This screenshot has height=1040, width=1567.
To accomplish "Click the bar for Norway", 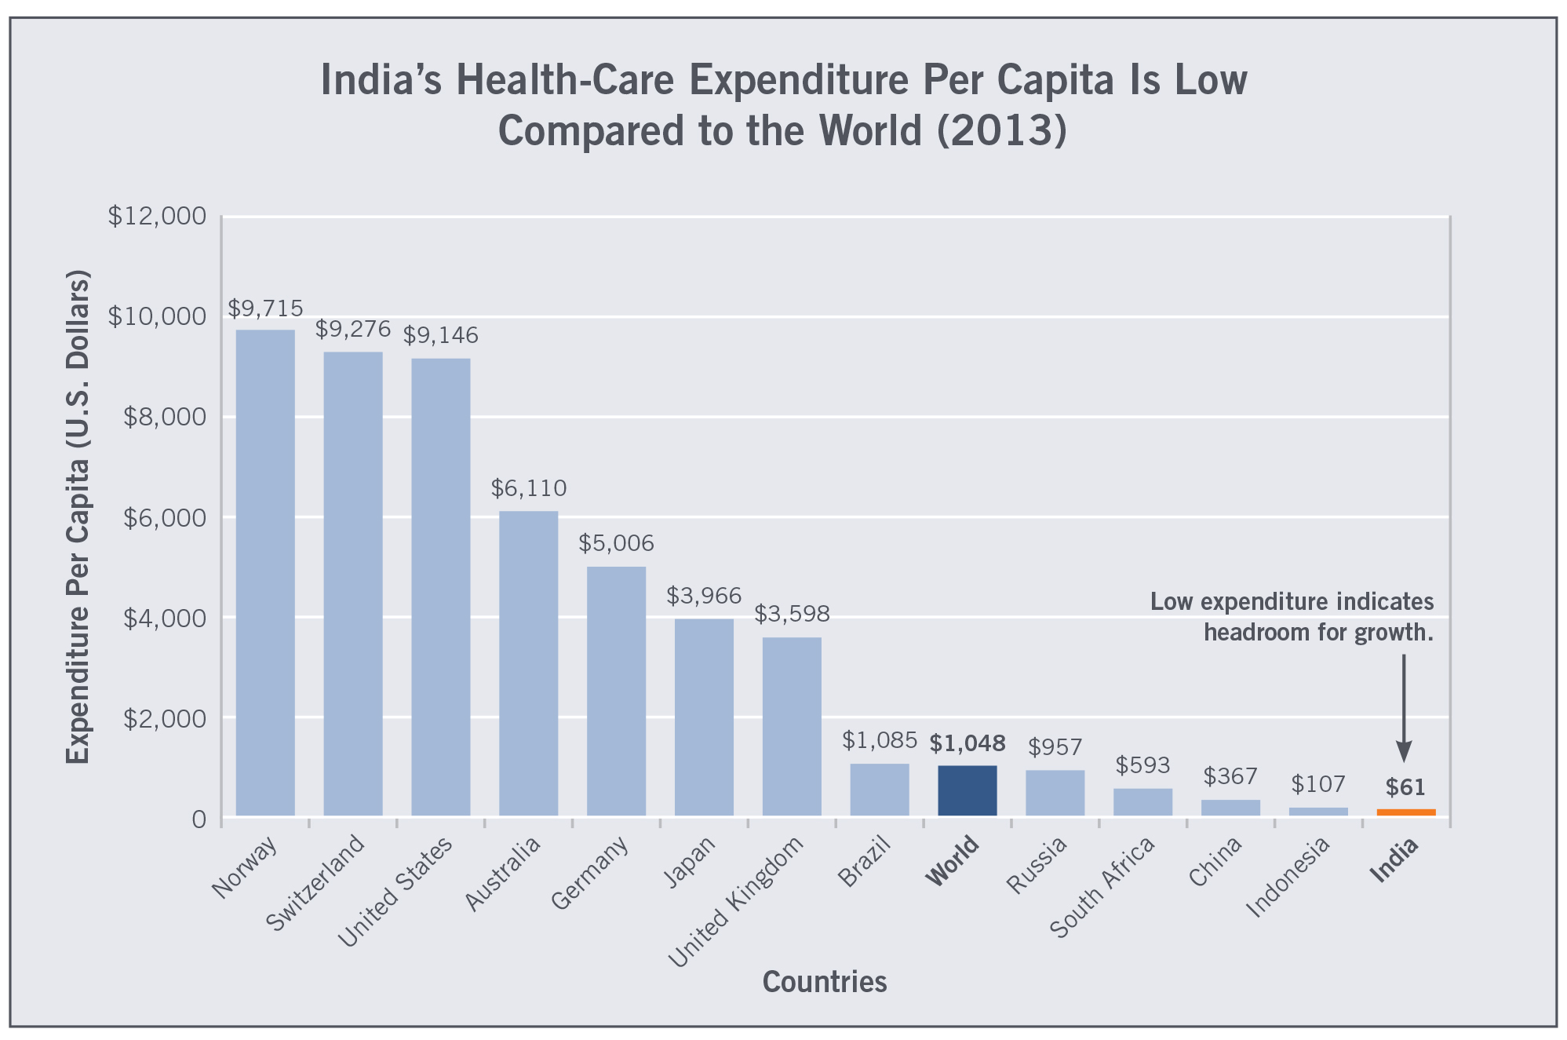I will [265, 573].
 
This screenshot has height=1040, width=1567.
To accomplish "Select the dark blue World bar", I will [967, 790].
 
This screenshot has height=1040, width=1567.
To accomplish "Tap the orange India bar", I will [1405, 812].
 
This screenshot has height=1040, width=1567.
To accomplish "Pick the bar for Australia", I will [528, 663].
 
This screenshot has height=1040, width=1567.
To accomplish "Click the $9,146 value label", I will [440, 336].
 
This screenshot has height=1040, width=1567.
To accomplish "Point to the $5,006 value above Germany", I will [616, 543].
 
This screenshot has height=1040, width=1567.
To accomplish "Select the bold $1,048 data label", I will [967, 743].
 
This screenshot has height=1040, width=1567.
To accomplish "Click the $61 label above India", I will [1405, 786].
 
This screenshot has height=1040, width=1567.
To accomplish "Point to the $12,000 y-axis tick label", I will [156, 216].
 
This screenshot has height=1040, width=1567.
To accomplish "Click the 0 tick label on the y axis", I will [199, 819].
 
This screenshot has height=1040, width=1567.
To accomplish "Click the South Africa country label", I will [1102, 887].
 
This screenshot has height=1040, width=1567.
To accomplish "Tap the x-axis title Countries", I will [824, 982].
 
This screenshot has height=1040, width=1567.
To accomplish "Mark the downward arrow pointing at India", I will [1404, 706].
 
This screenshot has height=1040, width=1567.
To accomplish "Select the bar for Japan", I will [704, 717].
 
